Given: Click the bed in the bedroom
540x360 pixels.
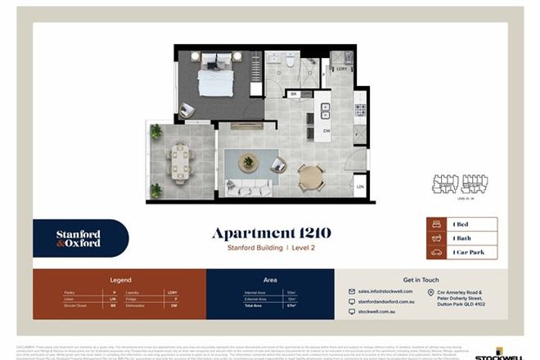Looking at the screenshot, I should click(x=215, y=77).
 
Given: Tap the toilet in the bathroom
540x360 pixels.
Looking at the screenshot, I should click(x=290, y=60).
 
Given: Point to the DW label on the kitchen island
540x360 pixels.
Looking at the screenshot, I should click(x=326, y=129).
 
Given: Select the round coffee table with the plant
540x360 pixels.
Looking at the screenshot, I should click(x=247, y=162).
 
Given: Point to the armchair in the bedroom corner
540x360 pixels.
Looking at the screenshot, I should click(x=187, y=109).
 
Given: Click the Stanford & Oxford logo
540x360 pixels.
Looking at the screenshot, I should click(x=79, y=239).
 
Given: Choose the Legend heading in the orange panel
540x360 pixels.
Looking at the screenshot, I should click(x=119, y=279).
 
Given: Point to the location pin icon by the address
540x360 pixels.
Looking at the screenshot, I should click(x=431, y=292).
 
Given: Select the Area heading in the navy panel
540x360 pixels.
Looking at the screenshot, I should click(x=269, y=279).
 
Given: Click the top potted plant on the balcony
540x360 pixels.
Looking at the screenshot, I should click(x=155, y=130).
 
